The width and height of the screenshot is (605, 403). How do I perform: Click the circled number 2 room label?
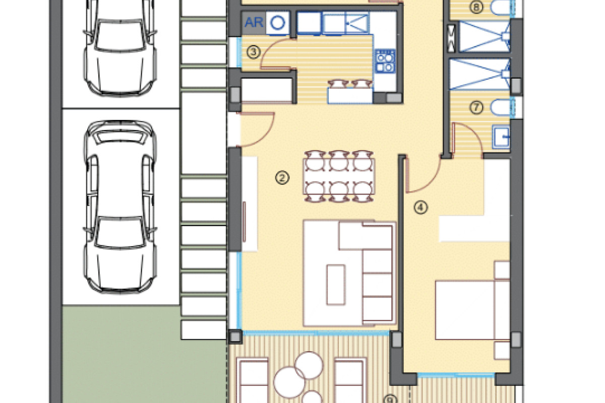[282, 177]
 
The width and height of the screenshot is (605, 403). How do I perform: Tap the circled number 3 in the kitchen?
[254, 51]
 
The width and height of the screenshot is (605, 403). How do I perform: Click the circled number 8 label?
[476, 7]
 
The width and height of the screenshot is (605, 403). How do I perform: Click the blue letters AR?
[254, 23]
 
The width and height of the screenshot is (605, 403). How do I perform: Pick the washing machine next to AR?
[278, 23]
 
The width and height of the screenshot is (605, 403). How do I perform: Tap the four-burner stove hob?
[385, 60]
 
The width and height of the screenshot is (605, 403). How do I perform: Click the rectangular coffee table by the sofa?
[336, 285]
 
